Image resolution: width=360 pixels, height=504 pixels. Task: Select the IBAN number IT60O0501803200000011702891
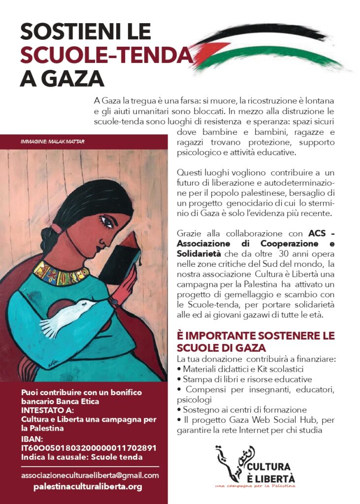(89, 448)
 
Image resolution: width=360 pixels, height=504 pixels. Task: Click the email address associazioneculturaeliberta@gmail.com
(90, 475)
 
